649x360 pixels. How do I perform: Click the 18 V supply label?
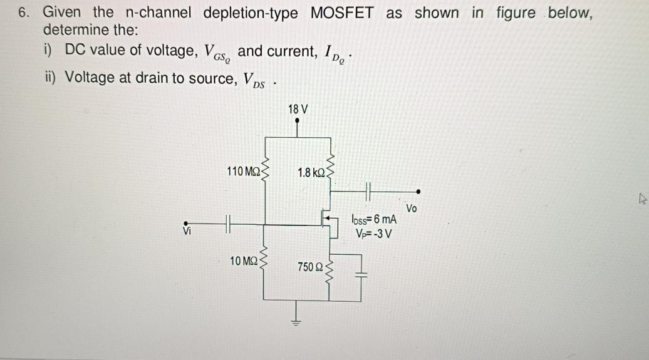(x=298, y=109)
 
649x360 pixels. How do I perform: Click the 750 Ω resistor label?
(x=310, y=267)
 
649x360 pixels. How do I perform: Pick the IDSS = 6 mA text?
(x=374, y=220)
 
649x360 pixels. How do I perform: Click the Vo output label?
(x=412, y=208)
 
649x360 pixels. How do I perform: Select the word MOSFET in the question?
(x=342, y=13)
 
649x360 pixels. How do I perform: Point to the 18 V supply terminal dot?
(x=297, y=121)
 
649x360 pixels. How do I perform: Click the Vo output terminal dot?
(x=418, y=191)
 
